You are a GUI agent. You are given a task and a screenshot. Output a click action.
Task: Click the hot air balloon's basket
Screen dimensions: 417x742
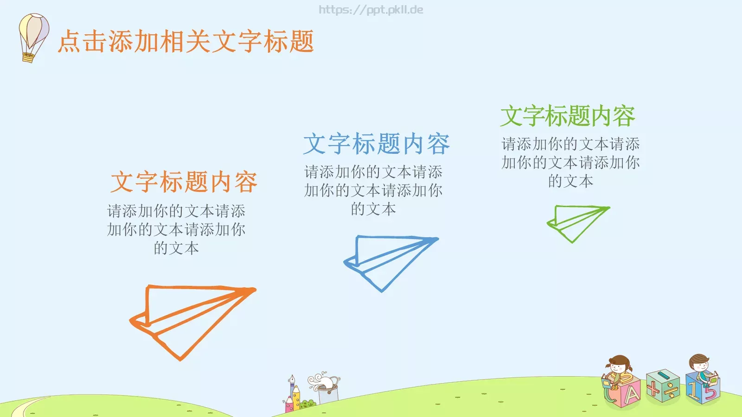[28, 57]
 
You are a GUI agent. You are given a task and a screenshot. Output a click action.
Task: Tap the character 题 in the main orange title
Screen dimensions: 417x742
[301, 41]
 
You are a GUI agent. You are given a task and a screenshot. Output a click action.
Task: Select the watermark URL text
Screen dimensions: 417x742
[371, 10]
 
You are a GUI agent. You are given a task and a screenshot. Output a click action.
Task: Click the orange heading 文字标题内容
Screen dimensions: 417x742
[184, 182]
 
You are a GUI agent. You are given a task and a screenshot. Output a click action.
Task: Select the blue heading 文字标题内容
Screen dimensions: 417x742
[376, 144]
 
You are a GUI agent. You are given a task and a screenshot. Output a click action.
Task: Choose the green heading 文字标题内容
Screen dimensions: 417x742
[568, 116]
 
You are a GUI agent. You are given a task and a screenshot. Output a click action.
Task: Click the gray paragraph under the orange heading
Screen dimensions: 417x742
[176, 229]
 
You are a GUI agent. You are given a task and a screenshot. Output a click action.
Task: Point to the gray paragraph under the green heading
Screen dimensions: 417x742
[570, 162]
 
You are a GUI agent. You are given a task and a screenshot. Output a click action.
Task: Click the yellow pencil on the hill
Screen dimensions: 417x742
[296, 398]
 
